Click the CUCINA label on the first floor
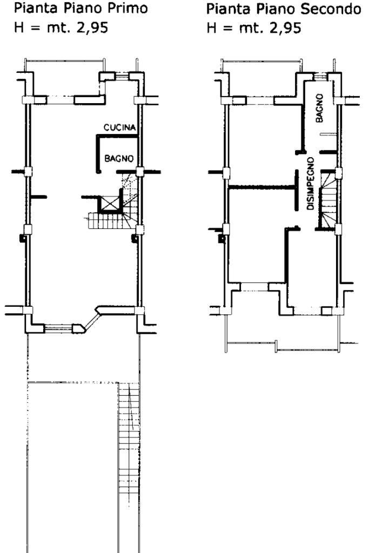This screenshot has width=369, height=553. pos(119,127)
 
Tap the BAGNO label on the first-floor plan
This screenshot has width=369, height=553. pos(119,158)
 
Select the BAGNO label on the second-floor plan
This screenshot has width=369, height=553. pos(320,108)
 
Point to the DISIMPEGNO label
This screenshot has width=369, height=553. pos(311,184)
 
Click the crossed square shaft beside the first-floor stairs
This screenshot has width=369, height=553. pos(111,204)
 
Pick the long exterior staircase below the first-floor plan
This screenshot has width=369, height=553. pos(129,439)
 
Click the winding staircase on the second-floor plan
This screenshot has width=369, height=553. pos(328,199)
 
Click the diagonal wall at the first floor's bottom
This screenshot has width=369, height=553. pos(91,319)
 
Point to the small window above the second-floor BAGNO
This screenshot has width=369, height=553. pos(321,77)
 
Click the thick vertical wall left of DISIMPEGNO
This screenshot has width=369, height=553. pos(297,191)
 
